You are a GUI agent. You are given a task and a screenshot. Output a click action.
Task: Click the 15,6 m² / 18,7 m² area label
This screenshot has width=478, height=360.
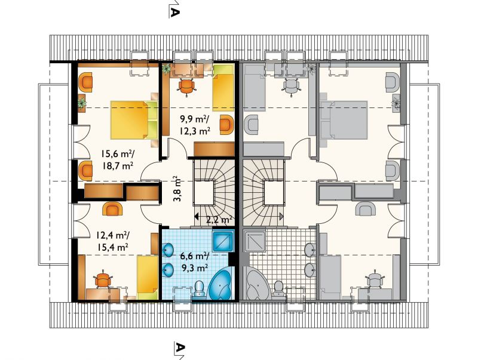click(118, 160)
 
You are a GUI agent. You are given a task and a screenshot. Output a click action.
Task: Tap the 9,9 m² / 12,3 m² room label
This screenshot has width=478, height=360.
click(195, 125)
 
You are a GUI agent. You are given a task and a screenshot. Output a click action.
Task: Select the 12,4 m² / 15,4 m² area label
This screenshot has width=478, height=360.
click(112, 241)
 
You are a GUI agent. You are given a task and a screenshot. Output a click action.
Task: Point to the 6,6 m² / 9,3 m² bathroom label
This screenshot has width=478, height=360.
click(195, 262)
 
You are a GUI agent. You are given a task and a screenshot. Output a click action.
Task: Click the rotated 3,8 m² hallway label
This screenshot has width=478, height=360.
click(177, 189)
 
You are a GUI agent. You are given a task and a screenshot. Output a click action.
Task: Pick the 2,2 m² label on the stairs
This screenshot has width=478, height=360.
click(219, 220)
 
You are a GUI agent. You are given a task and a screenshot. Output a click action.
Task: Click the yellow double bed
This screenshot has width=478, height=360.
click(134, 120)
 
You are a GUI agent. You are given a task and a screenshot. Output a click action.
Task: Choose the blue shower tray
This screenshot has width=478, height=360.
click(223, 241)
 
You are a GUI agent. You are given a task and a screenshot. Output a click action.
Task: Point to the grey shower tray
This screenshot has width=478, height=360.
click(255, 241)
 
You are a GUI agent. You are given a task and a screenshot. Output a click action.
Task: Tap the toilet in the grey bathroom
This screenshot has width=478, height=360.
click(278, 288)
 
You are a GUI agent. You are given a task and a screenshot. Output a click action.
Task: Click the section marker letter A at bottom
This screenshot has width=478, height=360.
click(180, 347)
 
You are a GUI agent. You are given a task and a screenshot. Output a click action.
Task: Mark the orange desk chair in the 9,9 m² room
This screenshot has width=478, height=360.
click(186, 87)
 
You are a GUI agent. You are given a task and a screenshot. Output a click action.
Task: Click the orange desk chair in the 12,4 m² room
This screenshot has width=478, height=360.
click(103, 279)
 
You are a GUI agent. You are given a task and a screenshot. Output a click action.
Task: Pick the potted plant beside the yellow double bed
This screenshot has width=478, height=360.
click(82, 103)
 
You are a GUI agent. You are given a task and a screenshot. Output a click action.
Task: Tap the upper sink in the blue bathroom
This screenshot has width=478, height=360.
click(167, 250)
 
